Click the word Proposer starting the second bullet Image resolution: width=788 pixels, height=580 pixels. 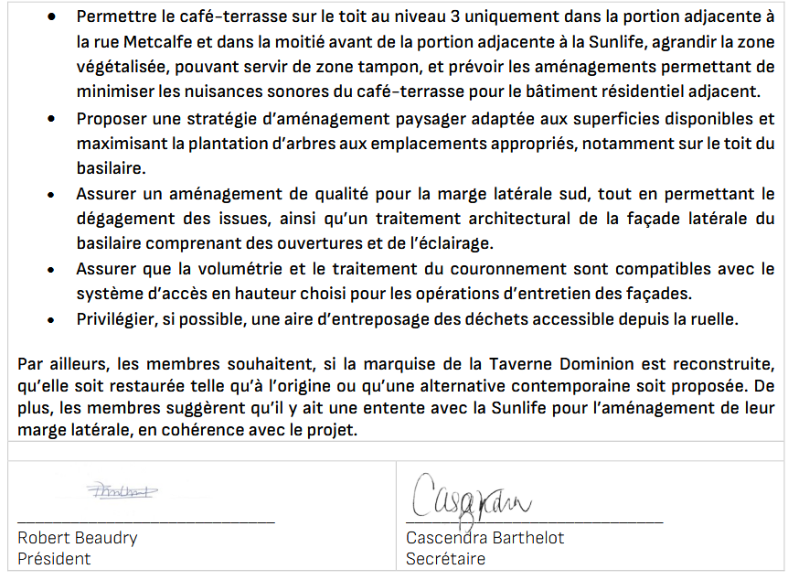112,119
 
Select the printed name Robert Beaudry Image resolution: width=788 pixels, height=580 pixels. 77,538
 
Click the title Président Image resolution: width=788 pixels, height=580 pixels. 54,559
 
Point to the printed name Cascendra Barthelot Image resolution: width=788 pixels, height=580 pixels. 485,538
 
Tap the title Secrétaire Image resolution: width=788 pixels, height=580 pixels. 445,559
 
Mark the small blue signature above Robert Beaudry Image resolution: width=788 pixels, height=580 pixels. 122,491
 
